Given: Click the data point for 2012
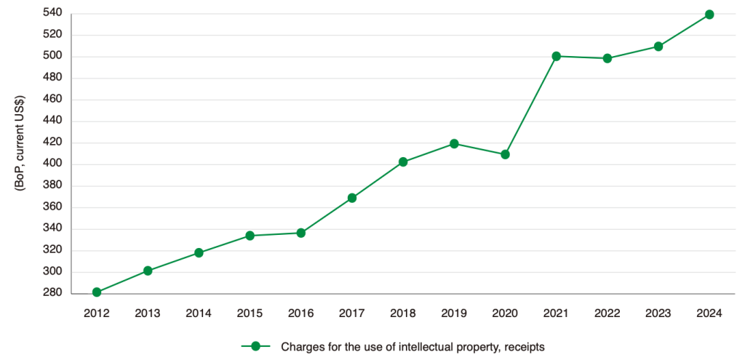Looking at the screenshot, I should point(97,292).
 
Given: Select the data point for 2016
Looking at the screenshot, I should point(300,233).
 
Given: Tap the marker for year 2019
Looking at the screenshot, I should point(454,144).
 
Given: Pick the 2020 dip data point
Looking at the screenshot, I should point(505,154).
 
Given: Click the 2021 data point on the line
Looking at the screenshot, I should point(557,56).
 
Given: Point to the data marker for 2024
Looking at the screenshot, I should point(709,15).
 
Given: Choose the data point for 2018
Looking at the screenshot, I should point(403,162).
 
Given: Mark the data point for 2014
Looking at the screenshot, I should point(199,253).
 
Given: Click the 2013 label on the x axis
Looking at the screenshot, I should point(148,313).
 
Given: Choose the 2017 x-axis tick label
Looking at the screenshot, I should point(352,313).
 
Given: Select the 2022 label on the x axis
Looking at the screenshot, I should point(607,313).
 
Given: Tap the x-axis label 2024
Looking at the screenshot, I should point(709,313).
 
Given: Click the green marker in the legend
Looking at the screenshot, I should point(255,346).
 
